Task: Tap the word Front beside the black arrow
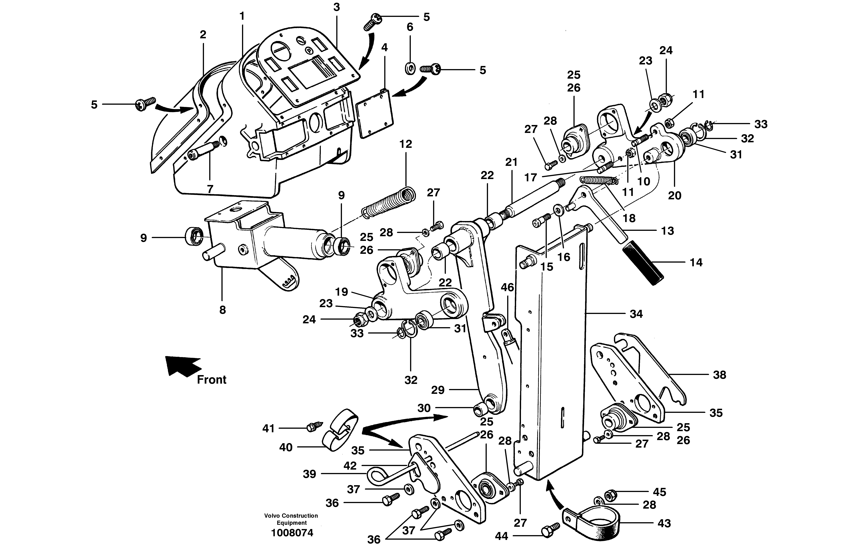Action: (212, 380)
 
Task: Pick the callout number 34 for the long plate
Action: (636, 314)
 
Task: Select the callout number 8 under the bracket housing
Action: (222, 310)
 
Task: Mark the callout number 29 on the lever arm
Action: (438, 390)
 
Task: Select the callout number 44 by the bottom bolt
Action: (501, 536)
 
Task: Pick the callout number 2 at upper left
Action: (203, 35)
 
